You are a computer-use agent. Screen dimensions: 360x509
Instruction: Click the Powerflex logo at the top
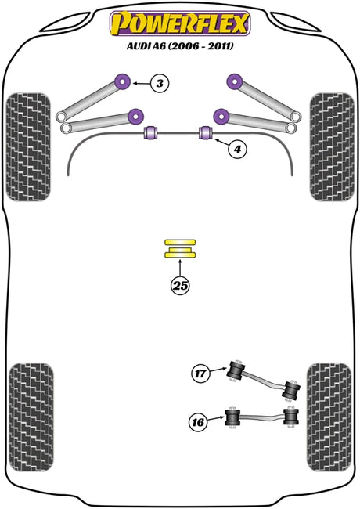point(180,23)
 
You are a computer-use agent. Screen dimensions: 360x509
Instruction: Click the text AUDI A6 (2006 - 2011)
point(180,46)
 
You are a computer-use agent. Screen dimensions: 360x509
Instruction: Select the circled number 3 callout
point(160,84)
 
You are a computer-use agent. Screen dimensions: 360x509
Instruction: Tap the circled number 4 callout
point(237,150)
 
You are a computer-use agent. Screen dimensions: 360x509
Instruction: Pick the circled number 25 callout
point(180,285)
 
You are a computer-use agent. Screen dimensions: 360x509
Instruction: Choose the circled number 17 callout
point(200,374)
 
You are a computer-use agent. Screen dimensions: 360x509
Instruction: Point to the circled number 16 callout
point(198,422)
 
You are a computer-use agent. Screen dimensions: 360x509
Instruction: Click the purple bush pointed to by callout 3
point(123,81)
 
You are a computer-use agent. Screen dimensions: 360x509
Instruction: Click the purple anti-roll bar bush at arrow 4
point(205,132)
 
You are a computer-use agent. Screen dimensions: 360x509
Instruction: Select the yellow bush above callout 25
point(180,249)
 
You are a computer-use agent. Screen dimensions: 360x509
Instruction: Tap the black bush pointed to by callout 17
point(236,370)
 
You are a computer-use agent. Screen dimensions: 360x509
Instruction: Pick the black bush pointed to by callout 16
point(232,417)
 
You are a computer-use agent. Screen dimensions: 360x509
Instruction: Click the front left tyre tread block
point(28,147)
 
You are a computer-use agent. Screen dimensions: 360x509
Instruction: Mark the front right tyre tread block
point(332,147)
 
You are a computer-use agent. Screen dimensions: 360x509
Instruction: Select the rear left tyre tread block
point(31,417)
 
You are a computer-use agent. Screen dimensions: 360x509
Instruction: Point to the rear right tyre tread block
point(329,417)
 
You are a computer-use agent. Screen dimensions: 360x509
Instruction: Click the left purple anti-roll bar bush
point(150,132)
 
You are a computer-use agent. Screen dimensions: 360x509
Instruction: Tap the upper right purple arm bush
point(235,81)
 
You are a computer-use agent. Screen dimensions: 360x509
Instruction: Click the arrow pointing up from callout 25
point(180,268)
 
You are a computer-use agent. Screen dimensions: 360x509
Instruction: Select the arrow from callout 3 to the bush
point(141,84)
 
